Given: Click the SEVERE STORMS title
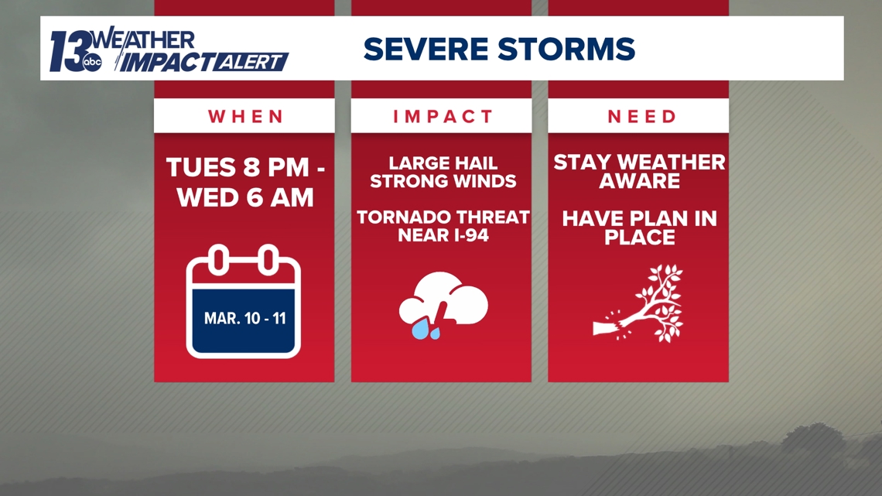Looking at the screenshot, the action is coord(499,49).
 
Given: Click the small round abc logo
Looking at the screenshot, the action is coord(92,63).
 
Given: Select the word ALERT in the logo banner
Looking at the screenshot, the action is coord(250,63).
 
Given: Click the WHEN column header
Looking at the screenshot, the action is coord(246,116).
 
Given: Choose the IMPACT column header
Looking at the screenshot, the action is coord(443,116).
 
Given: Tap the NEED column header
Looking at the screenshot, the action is coord(642,116).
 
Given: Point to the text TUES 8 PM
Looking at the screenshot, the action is coord(238,168).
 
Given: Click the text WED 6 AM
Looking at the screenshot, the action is coord(245,198).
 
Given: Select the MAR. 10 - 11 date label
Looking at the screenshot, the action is coord(244,318).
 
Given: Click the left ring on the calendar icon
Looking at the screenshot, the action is coord(219,260).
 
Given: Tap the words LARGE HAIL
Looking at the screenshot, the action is coord(443,163).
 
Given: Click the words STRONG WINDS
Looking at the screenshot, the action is coord(443,181).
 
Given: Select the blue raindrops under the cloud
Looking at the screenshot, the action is coord(425,330).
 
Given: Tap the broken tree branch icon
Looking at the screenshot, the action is coord(638,303).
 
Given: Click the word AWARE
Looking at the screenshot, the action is coord(640,181).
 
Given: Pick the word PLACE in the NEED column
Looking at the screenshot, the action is coord(640,238).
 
